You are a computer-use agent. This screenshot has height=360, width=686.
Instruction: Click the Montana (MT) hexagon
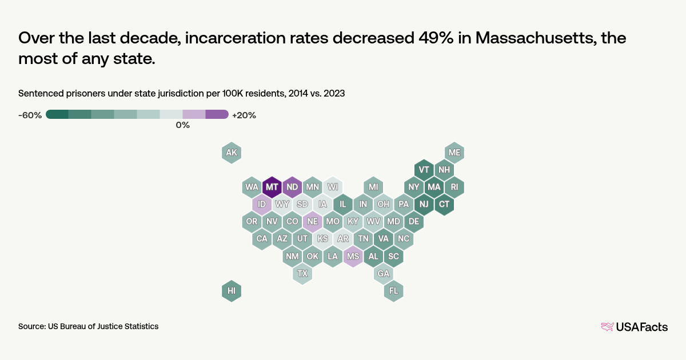pos(272,187)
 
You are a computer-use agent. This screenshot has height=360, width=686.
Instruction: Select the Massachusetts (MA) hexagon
pos(434,187)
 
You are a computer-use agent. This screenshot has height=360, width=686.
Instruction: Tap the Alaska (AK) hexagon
pos(232,153)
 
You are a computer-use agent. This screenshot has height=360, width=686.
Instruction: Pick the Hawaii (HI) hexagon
pos(232,290)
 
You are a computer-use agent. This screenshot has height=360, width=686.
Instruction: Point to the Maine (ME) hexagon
pos(454,153)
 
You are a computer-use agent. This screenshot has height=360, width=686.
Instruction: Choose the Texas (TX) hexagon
pos(302,274)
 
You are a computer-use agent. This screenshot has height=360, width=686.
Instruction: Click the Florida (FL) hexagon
pos(394,290)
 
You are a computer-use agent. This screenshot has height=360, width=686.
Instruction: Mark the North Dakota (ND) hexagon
pos(292,187)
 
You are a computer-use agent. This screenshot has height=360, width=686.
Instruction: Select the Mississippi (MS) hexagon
pos(353,257)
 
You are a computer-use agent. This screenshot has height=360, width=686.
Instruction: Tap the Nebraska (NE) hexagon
pos(312,221)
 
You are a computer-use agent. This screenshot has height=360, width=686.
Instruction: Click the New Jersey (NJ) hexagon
pos(424,204)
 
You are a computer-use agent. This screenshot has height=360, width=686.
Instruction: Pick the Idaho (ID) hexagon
pos(262,204)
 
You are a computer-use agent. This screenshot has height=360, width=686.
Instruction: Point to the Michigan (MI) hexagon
pos(373,187)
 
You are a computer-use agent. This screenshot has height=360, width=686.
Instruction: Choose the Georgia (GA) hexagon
pos(383,274)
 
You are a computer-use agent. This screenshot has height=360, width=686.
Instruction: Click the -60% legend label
pos(30,115)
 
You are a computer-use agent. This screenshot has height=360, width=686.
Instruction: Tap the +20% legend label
pos(244,115)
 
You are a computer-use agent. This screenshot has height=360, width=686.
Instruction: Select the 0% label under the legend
pos(182,125)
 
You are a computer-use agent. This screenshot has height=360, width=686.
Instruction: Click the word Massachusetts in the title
pos(549,38)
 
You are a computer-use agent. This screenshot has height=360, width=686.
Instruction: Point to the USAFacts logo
pos(635,327)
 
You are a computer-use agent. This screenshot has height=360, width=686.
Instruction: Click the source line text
pos(88,326)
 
